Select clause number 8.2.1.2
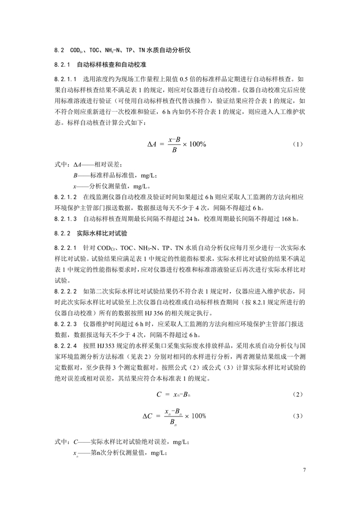65,197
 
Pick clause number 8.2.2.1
65,248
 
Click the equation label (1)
297,144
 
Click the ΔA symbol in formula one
152,144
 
